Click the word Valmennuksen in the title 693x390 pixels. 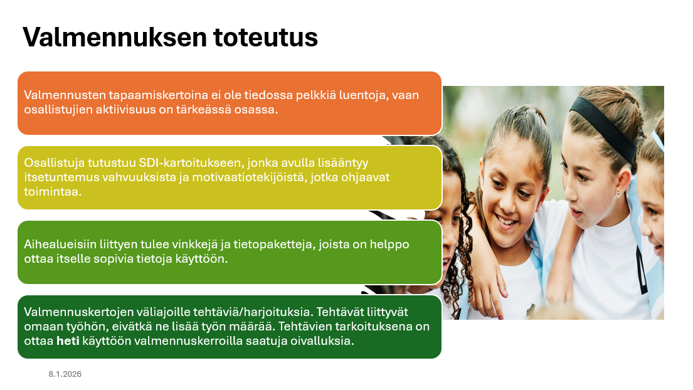[115, 37]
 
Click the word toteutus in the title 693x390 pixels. [266, 37]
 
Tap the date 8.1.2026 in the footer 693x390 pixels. [65, 374]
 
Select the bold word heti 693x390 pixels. [68, 341]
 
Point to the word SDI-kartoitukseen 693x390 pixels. [191, 163]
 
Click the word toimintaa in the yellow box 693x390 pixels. [53, 192]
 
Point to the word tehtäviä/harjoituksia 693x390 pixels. [253, 312]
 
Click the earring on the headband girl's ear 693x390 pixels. [618, 194]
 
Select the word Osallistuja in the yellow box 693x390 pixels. [54, 163]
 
